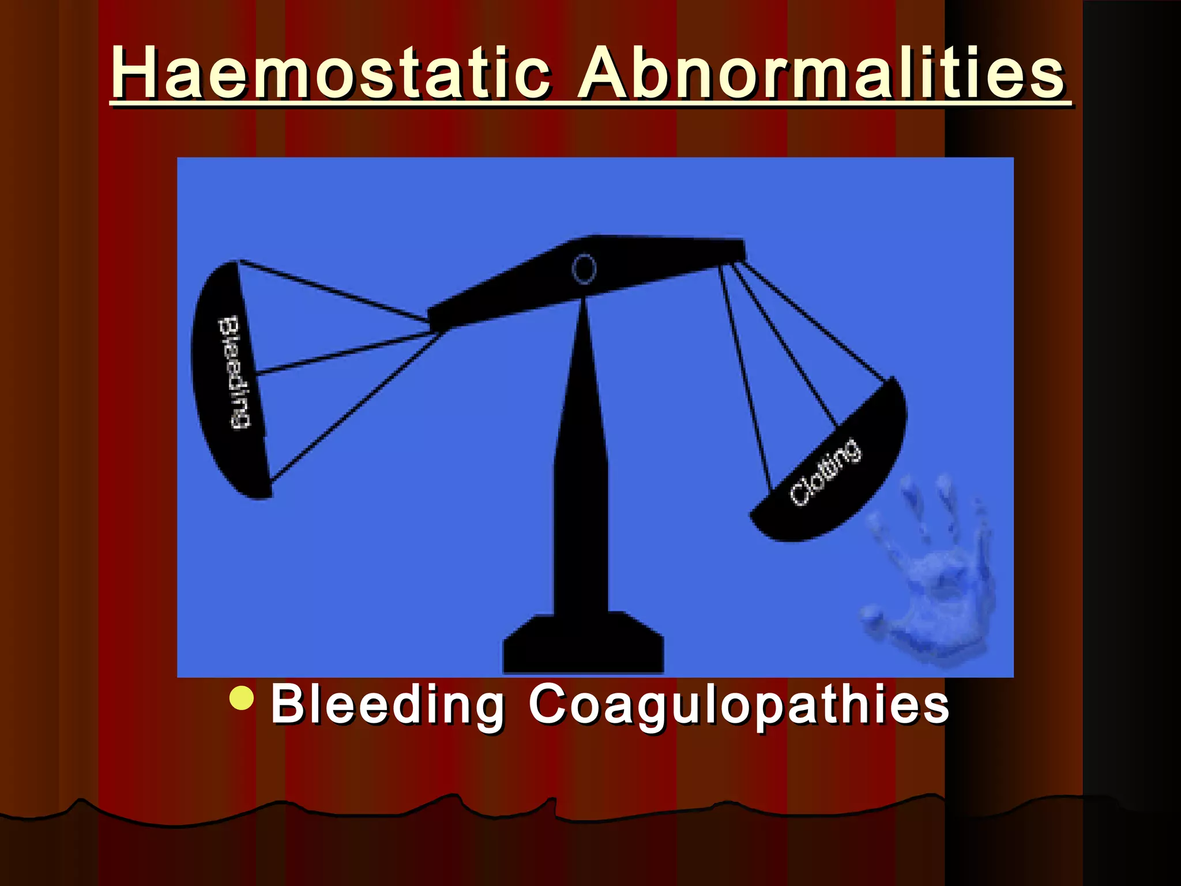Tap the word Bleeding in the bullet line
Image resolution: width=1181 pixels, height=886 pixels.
[387, 704]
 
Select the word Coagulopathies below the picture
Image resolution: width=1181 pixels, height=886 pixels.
[739, 704]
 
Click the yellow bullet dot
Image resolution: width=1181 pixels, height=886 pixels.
[241, 697]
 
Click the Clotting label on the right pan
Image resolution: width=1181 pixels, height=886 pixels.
[825, 471]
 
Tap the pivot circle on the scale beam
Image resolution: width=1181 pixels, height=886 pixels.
[584, 269]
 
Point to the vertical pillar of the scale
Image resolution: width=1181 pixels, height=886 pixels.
[581, 461]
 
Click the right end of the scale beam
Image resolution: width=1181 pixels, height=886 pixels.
[732, 251]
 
